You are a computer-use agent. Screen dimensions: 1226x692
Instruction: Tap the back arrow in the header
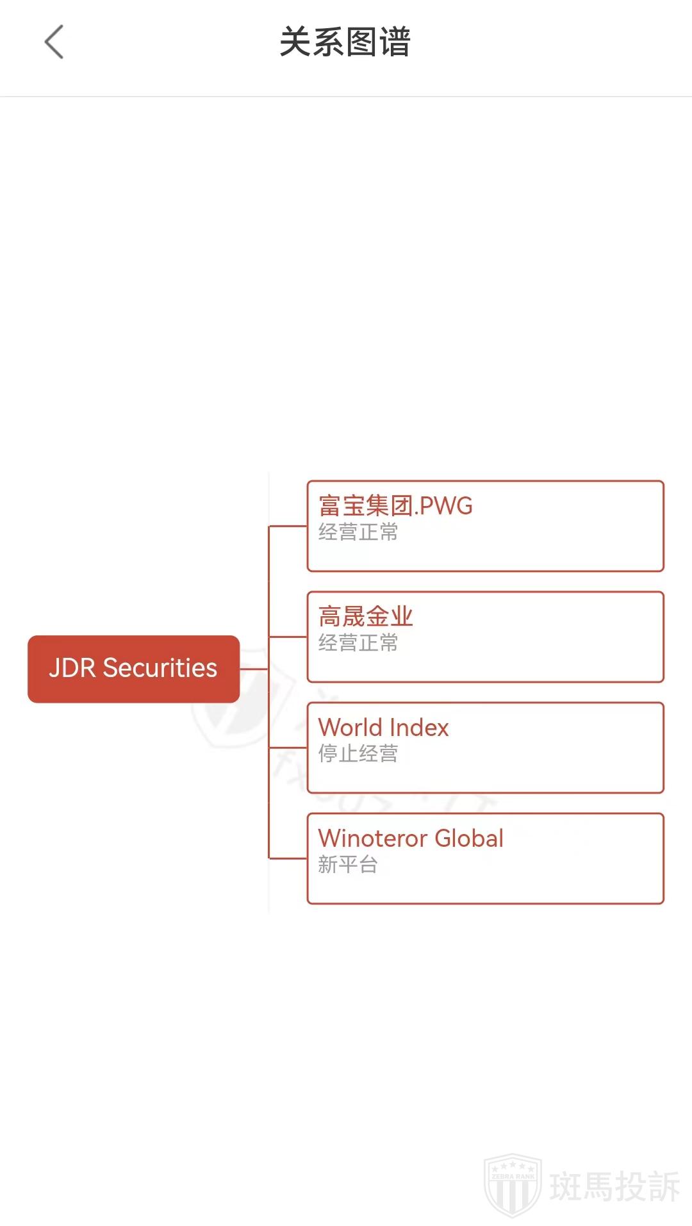click(54, 42)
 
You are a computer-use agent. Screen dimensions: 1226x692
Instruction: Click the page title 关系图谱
click(345, 42)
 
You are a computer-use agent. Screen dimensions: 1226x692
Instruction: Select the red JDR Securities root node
click(133, 669)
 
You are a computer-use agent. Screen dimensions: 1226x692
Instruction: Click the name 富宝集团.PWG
click(395, 506)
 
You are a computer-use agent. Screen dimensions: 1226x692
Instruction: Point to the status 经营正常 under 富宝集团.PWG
click(358, 532)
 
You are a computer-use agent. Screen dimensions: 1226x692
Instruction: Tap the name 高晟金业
click(365, 617)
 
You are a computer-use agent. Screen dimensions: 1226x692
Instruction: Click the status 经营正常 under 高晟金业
click(358, 643)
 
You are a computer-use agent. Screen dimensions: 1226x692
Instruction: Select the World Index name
click(383, 728)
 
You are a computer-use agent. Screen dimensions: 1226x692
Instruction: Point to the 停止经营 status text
click(358, 754)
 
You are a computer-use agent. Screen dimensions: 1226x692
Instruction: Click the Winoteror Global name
click(411, 838)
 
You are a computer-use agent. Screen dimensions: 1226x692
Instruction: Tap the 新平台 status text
click(348, 865)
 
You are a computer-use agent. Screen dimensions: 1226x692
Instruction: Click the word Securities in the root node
click(160, 668)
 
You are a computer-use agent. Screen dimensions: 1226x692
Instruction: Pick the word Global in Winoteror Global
click(469, 838)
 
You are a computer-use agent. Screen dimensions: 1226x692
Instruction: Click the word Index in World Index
click(419, 728)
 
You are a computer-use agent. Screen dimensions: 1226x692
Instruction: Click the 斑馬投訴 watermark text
click(614, 1186)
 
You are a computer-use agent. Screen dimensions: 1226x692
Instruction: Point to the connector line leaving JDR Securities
click(254, 669)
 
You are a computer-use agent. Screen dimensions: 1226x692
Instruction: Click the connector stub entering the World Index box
click(288, 748)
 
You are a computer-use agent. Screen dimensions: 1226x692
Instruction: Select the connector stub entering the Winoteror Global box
click(288, 858)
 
